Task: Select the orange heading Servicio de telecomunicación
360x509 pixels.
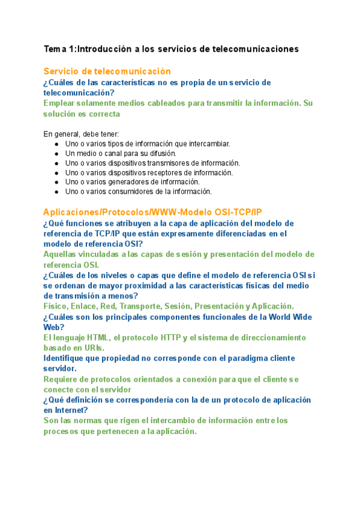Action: coord(107,71)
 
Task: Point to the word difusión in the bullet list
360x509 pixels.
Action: coord(175,154)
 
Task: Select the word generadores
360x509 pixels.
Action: coord(139,182)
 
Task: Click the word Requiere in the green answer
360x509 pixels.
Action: coord(62,379)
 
